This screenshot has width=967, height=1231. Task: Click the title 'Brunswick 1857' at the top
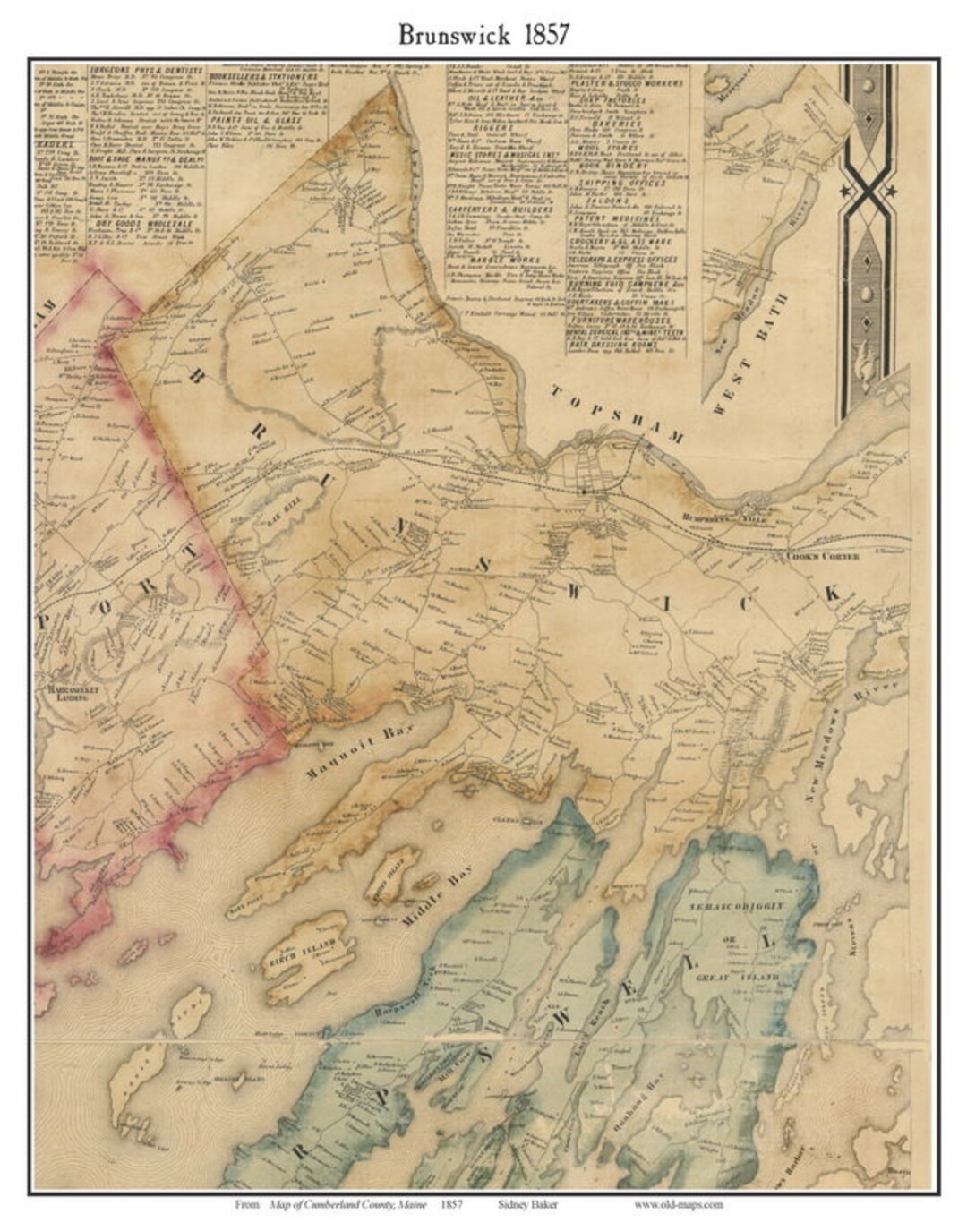click(x=483, y=34)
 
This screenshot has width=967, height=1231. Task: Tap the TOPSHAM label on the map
click(x=617, y=415)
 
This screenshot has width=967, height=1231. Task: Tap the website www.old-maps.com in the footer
click(x=678, y=1204)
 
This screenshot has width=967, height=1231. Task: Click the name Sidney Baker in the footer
click(x=528, y=1204)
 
